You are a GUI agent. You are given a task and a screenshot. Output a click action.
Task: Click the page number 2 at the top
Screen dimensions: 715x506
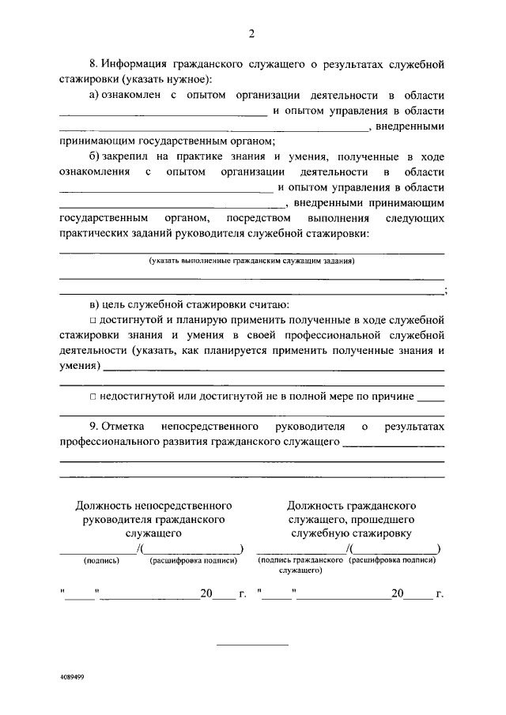[x=252, y=34]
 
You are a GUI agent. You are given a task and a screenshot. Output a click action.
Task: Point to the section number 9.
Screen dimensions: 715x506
[x=93, y=427]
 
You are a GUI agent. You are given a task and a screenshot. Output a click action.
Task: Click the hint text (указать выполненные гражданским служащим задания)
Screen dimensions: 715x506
[x=252, y=260]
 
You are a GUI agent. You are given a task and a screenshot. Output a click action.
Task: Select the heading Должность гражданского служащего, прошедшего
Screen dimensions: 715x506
[x=352, y=518]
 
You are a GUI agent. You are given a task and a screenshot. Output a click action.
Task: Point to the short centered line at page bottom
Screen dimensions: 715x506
[x=252, y=645]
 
